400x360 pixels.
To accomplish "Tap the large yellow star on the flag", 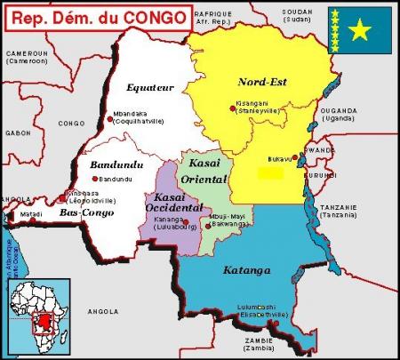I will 360,31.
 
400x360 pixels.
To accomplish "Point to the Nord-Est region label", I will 261,82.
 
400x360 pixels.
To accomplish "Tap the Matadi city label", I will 32,213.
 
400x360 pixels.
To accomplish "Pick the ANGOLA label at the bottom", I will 102,311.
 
